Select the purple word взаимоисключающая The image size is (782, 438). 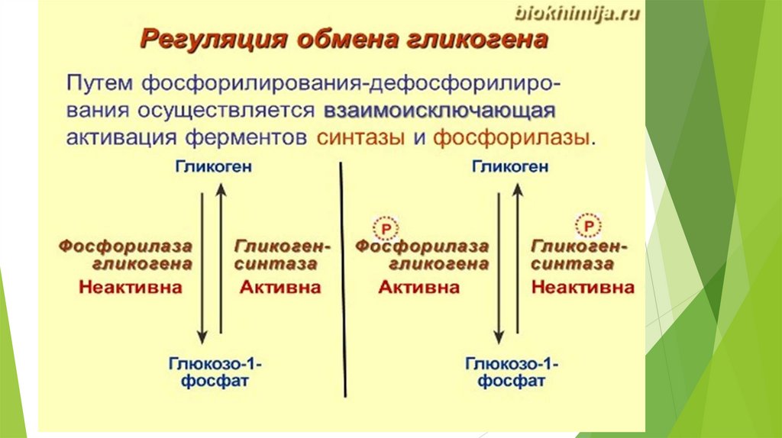(438, 109)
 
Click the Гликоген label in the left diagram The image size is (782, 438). (212, 167)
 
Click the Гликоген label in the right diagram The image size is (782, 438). (509, 167)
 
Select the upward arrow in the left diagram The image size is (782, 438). (221, 259)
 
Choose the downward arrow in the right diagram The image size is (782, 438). (499, 267)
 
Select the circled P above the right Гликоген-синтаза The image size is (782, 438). (587, 226)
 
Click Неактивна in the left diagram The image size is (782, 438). (131, 288)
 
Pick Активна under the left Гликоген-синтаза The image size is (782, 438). (280, 288)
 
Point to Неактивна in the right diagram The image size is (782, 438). (582, 288)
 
